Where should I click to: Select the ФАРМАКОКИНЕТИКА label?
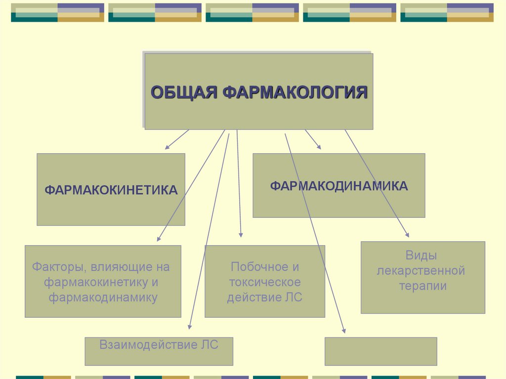click(x=111, y=190)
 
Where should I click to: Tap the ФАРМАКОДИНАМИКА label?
click(x=338, y=186)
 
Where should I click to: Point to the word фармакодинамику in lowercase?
click(x=103, y=298)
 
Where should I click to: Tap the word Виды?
click(x=422, y=255)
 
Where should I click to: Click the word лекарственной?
click(x=422, y=271)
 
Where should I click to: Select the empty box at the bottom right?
click(x=380, y=351)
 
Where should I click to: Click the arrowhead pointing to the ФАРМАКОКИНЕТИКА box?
click(x=167, y=147)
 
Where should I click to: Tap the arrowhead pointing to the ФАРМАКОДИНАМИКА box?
click(x=319, y=147)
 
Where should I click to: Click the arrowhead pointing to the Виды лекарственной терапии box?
click(x=407, y=235)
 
